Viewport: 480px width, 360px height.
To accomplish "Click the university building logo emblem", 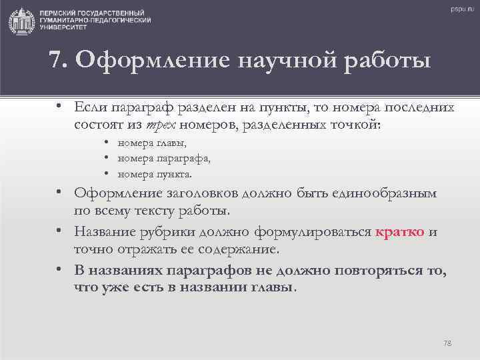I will coord(23,20).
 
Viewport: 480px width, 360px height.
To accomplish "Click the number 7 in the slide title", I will coord(56,61).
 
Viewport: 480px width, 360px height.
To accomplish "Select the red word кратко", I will coord(400,233).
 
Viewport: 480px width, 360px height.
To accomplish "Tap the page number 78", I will coord(447,343).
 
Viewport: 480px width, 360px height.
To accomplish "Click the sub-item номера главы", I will coord(153,143).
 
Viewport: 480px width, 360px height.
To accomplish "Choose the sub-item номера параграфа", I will coord(164,159).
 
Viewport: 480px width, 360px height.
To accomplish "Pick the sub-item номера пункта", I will coord(155,175).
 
